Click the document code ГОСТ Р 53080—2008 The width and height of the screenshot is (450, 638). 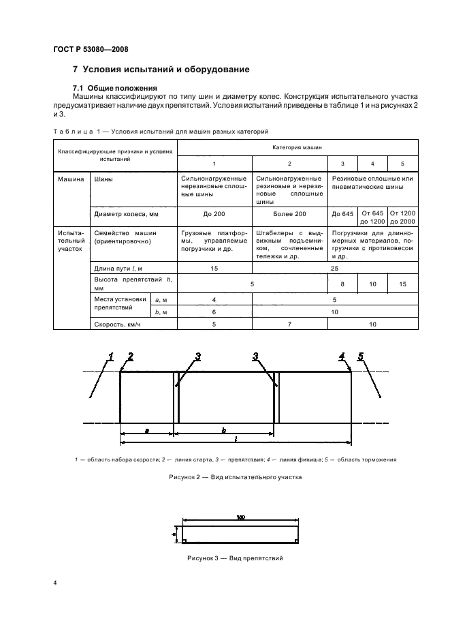tap(91, 49)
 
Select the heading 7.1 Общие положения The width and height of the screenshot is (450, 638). tap(115, 88)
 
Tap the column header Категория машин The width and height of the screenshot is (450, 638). tap(298, 147)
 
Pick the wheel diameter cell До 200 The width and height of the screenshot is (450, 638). tap(214, 213)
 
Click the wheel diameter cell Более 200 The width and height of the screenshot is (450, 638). tap(290, 213)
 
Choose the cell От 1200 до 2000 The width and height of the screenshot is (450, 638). tap(402, 217)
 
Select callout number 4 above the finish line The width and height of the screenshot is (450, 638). tap(342, 356)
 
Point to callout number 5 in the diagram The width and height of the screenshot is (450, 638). tap(361, 356)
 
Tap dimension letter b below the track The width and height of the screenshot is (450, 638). tap(225, 431)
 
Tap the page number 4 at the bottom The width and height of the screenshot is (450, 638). tap(54, 583)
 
